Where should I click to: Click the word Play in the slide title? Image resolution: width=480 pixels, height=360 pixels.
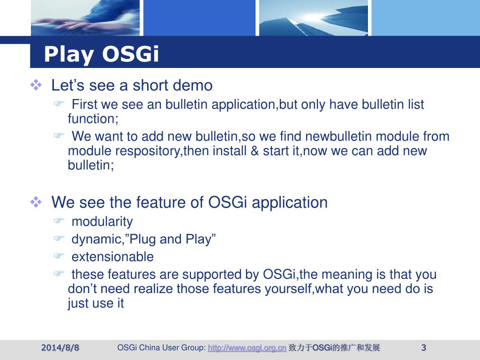[69, 54]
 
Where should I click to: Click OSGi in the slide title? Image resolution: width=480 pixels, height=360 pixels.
[131, 54]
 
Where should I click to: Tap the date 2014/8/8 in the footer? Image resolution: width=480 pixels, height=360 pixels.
[60, 348]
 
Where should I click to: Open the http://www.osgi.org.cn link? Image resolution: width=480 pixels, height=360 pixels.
[247, 348]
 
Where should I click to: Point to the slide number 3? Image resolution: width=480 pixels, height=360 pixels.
[424, 348]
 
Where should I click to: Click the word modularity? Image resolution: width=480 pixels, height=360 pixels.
[102, 222]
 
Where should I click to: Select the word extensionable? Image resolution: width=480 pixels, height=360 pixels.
[112, 257]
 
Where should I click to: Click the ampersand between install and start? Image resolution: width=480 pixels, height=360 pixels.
[255, 151]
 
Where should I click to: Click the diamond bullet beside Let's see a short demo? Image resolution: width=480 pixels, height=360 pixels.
[36, 85]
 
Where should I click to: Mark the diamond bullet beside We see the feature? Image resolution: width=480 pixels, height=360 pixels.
[36, 202]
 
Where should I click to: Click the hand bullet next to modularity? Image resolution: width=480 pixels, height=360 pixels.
[59, 220]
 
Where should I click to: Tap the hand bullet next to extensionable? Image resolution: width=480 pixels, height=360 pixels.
[59, 255]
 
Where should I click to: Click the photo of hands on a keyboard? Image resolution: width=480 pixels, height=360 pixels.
[85, 18]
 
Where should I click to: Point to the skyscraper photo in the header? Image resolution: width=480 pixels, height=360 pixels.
[314, 18]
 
